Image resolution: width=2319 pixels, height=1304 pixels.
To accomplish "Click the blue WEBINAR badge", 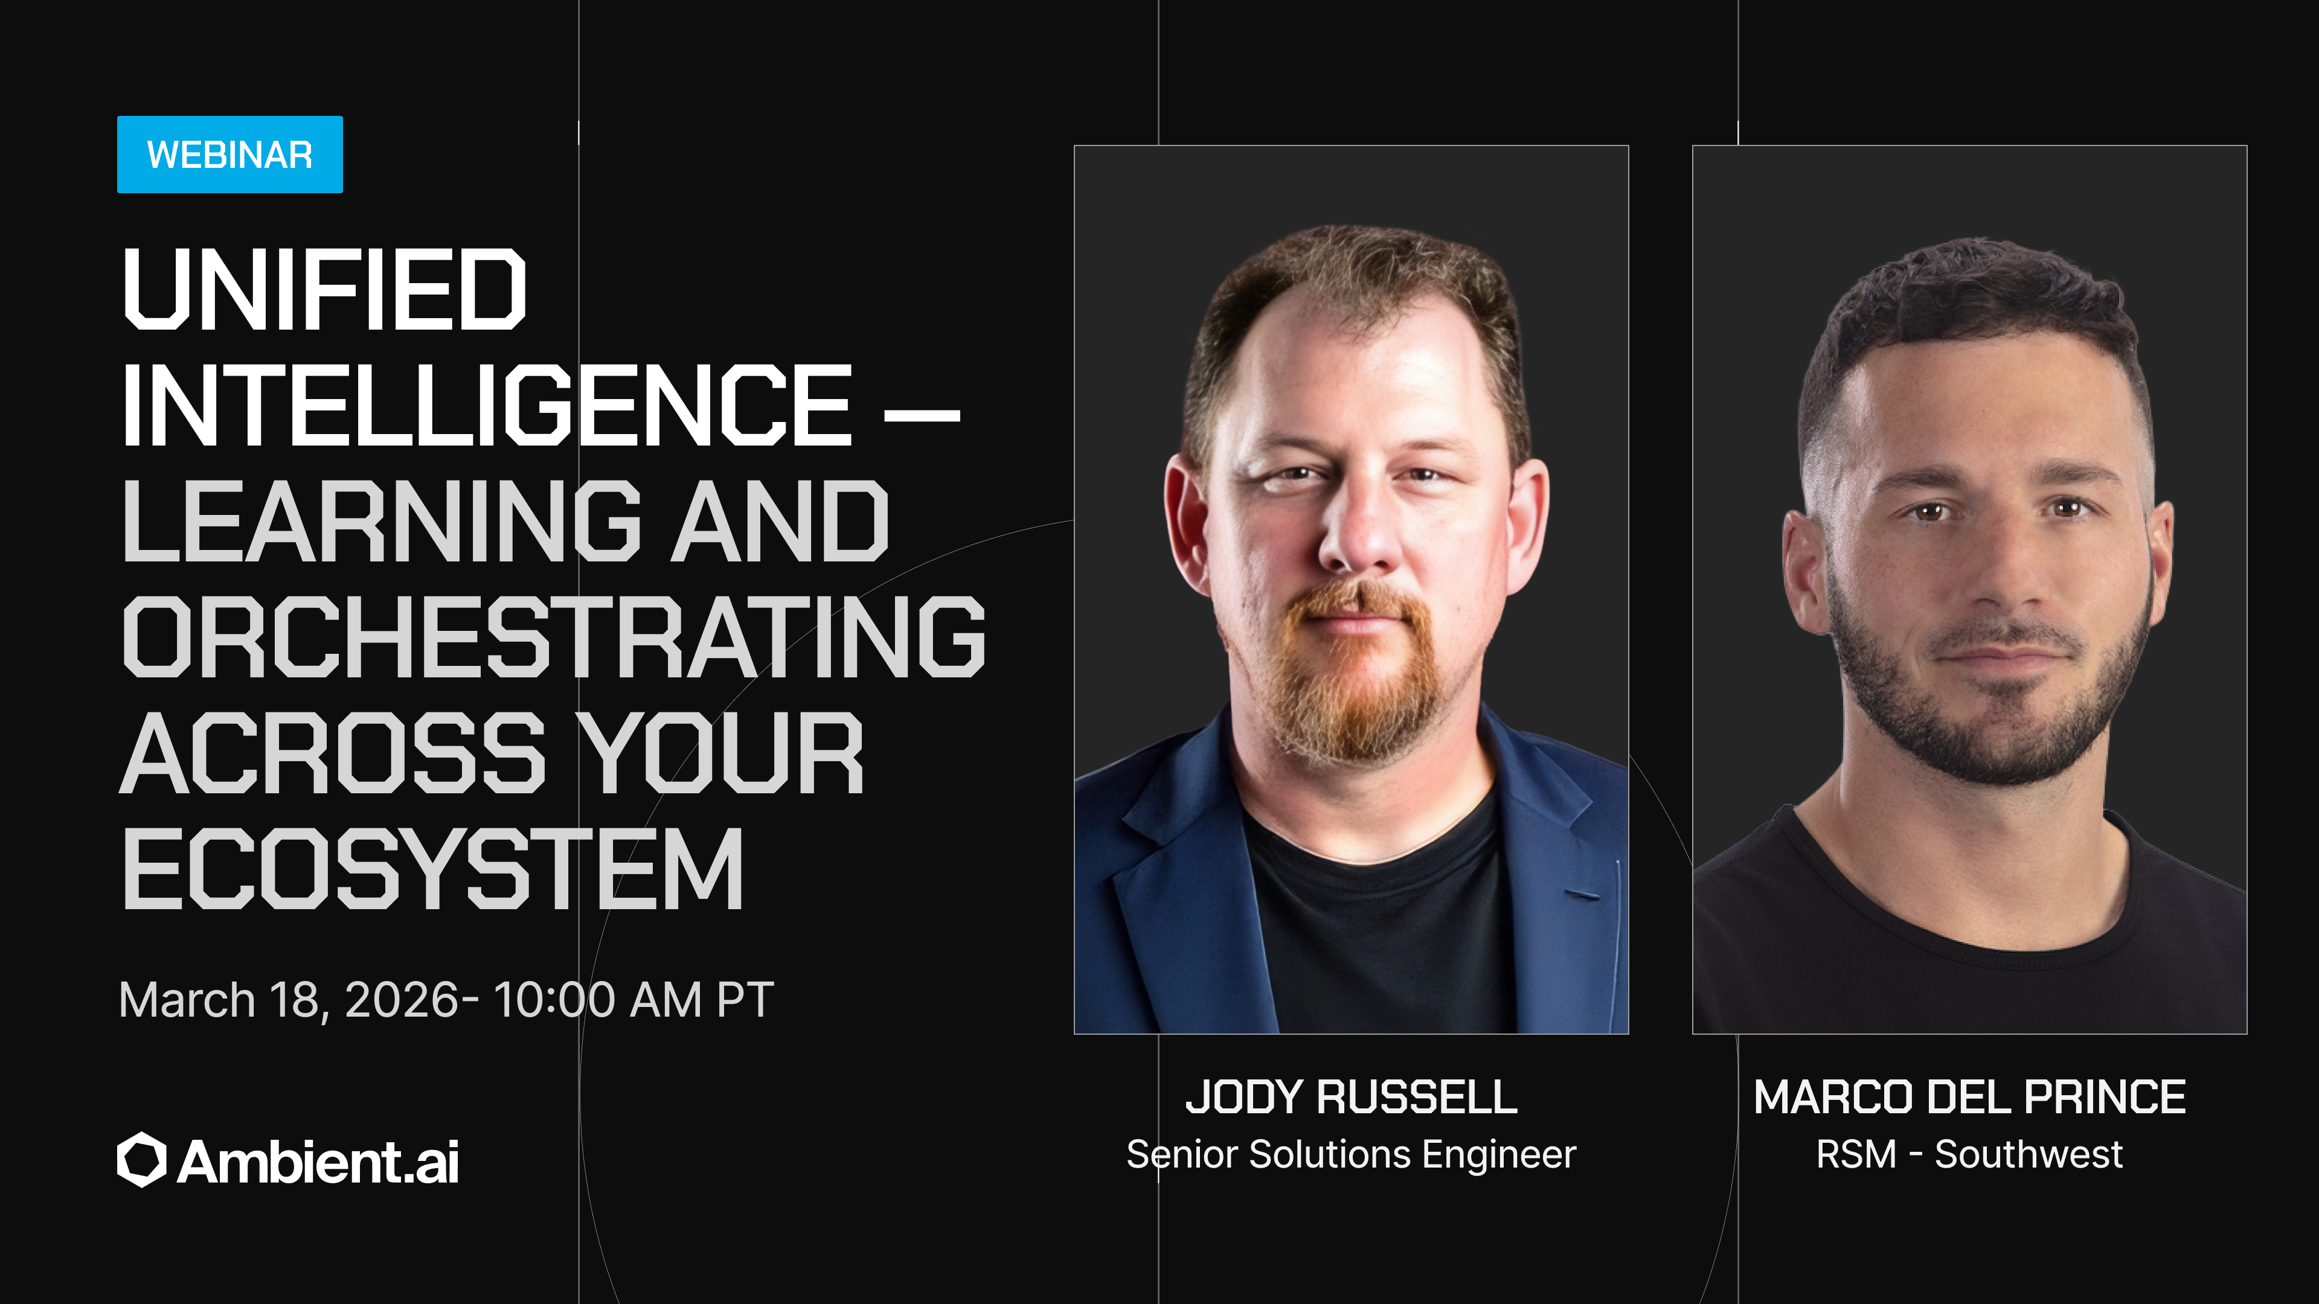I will point(229,154).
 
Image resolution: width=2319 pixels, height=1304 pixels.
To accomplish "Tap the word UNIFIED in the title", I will point(324,289).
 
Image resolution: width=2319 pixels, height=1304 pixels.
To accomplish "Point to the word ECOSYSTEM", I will point(432,869).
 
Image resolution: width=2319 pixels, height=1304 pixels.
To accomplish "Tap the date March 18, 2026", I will point(288,1000).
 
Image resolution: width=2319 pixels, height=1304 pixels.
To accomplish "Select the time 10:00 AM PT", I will point(633,1000).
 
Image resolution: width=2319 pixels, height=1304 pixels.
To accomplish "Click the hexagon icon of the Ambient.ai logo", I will point(141,1160).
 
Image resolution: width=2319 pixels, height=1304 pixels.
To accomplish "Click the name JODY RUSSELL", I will point(1352,1097).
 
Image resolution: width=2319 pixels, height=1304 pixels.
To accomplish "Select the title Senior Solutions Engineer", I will point(1352,1155).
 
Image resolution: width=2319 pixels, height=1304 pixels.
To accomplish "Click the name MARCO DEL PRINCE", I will point(1970,1097).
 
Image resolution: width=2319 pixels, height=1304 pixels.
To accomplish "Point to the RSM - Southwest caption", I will point(1970,1155).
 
